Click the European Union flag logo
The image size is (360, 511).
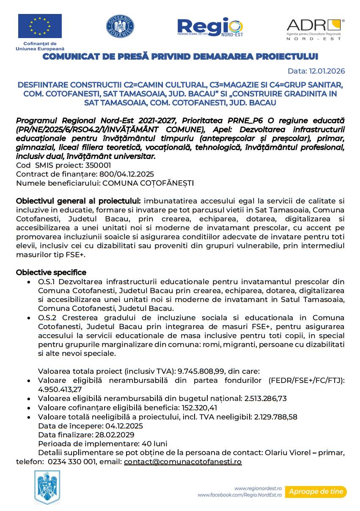pos(40,26)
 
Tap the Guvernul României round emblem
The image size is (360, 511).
pos(120,27)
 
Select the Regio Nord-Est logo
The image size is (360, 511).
pos(210,27)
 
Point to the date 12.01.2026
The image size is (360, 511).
pos(327,71)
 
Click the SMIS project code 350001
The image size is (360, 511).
pos(98,165)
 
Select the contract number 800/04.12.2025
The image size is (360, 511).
pos(126,174)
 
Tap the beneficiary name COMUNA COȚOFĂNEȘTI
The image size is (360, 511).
pos(148,183)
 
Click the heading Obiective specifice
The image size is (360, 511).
pos(51,272)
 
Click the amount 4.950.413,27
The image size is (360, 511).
pos(60,389)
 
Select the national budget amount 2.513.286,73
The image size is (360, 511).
pos(266,398)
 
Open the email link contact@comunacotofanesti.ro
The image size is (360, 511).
pos(183,462)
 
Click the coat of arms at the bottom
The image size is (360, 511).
pos(47,488)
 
